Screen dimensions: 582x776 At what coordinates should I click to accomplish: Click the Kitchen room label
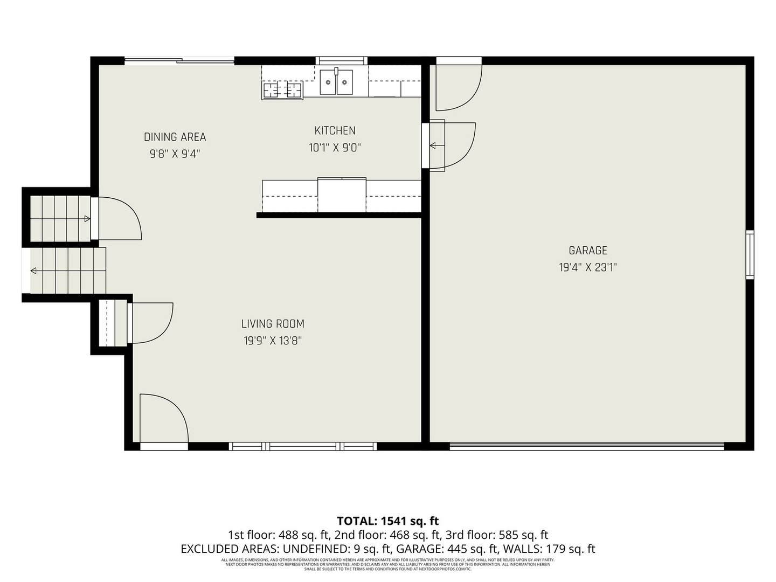click(335, 130)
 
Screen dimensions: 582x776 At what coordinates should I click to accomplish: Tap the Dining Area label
click(175, 137)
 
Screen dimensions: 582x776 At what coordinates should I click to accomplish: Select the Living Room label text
click(273, 324)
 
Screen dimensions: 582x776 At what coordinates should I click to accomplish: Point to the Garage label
click(588, 251)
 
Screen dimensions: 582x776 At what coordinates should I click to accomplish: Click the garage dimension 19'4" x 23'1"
click(588, 267)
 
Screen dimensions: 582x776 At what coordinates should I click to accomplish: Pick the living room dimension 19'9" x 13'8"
click(273, 341)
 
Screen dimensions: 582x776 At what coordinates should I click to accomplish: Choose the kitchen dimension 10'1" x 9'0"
click(335, 148)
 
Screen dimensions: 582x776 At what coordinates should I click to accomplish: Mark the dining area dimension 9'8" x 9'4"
click(175, 154)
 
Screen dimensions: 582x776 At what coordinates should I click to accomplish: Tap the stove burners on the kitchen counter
click(282, 89)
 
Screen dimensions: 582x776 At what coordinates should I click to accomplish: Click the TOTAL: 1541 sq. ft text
click(387, 521)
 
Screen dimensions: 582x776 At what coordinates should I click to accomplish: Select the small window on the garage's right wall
click(750, 254)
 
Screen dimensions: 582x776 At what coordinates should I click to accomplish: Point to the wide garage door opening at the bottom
click(587, 446)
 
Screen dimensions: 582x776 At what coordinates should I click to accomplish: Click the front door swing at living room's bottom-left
click(163, 418)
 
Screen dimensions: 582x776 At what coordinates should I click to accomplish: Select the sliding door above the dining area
click(179, 60)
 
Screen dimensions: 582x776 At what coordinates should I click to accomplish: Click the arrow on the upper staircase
click(87, 218)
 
